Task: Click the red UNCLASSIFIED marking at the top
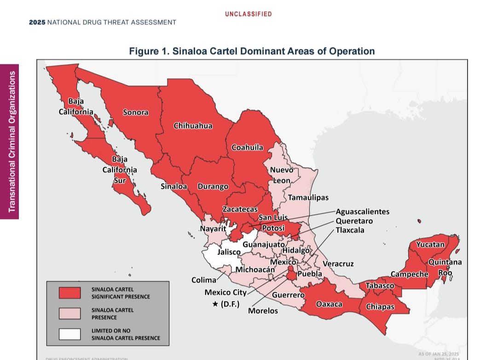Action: tap(248, 14)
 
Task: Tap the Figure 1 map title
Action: tap(252, 51)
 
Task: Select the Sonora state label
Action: tap(135, 112)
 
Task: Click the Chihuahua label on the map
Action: tap(193, 126)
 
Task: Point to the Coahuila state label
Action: tap(248, 147)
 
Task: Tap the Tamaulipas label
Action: tap(308, 197)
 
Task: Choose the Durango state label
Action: tap(213, 186)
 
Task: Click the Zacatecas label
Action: tap(240, 209)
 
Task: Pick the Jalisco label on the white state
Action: tap(229, 252)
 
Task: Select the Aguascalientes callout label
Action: tap(363, 212)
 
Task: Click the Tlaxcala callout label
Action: tap(350, 230)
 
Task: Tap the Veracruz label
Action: tap(338, 264)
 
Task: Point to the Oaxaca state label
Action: tap(329, 304)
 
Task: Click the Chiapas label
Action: tap(380, 307)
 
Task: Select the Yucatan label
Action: tap(430, 244)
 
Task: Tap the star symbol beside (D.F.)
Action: tap(215, 305)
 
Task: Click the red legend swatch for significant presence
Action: tap(69, 293)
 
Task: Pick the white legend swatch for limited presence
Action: tap(69, 334)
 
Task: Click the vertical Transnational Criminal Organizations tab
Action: tap(10, 141)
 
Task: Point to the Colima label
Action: tap(204, 280)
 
